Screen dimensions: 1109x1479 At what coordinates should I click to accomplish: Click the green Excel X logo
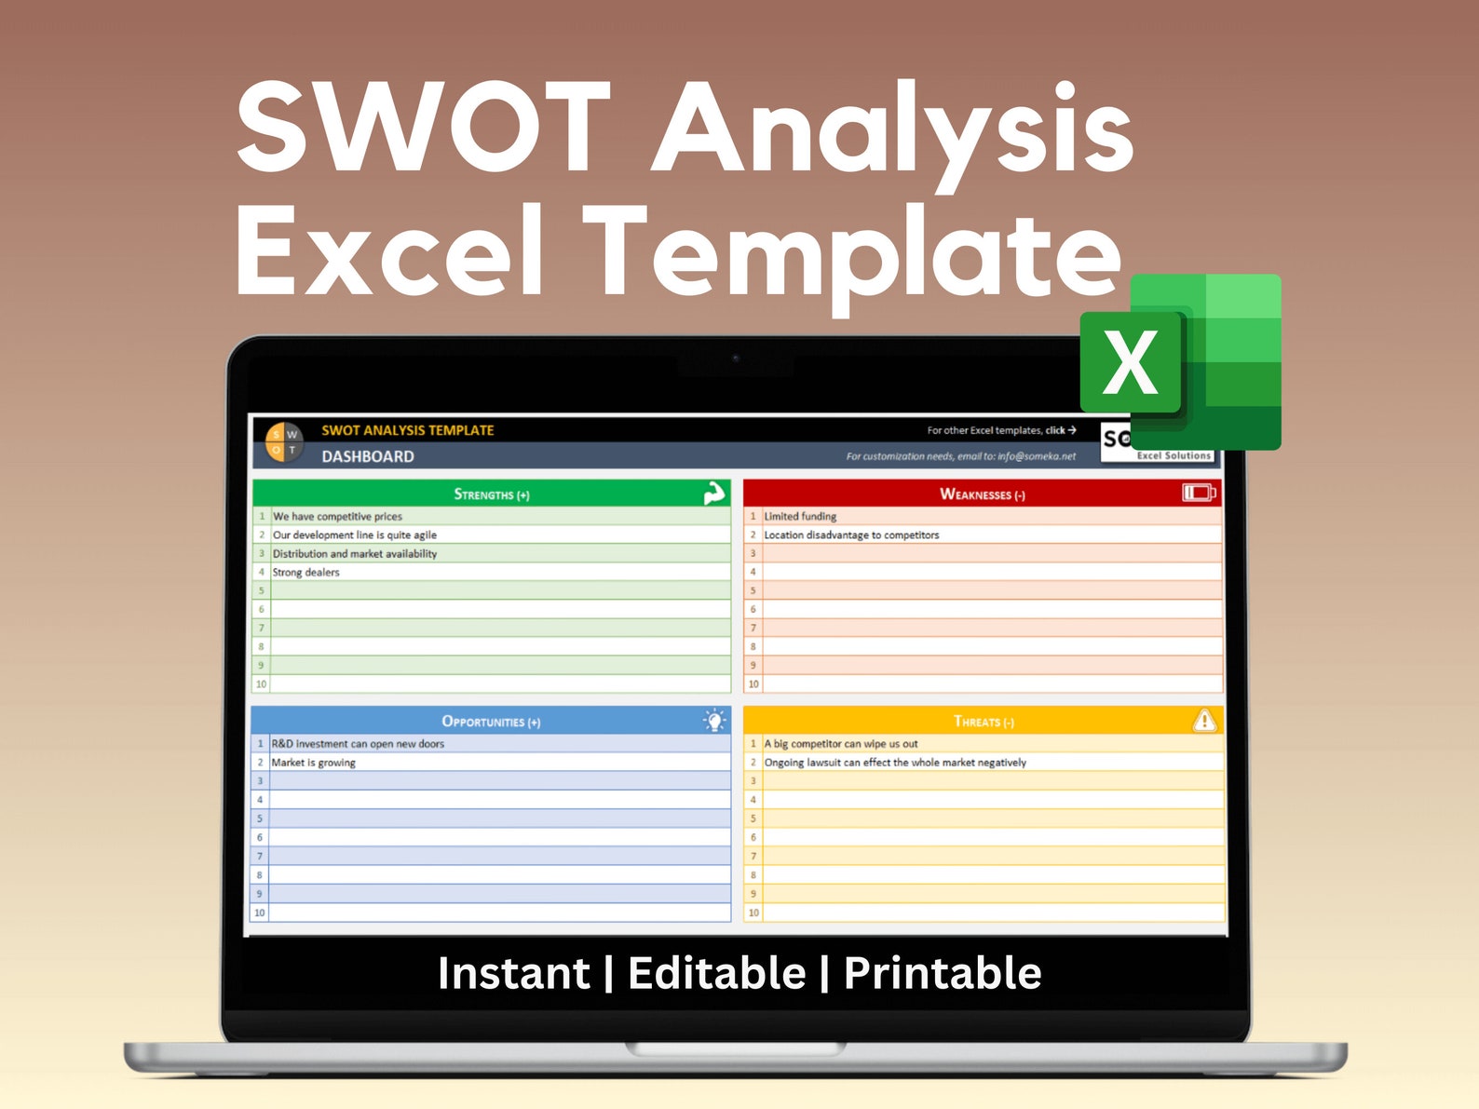1180,362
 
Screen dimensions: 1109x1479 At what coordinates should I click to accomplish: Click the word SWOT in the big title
424,128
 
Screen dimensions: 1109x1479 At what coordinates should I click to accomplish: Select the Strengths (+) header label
492,494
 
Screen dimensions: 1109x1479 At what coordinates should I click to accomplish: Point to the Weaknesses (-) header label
983,494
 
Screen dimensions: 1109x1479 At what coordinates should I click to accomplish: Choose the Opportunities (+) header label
491,722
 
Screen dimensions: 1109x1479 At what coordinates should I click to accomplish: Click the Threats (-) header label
984,722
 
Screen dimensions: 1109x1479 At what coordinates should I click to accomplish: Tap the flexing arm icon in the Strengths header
714,494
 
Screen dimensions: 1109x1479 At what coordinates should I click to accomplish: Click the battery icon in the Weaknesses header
1199,493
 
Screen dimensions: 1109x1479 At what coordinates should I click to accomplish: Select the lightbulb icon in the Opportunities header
714,720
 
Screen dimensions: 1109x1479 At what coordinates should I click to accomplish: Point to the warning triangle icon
1204,720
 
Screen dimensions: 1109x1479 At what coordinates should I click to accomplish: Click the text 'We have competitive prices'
337,516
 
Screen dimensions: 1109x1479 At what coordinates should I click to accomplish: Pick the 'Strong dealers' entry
305,572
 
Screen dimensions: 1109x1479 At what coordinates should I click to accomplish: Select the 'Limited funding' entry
800,516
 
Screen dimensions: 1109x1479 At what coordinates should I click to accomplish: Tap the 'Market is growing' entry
313,763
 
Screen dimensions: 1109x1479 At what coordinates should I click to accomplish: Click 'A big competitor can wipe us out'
841,744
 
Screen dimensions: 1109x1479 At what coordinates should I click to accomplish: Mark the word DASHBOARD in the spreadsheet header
368,456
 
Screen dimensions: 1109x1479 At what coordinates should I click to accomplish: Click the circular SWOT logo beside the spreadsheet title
284,441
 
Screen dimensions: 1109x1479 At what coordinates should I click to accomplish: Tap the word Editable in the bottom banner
716,973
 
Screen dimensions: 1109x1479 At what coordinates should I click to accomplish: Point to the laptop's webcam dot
736,358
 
